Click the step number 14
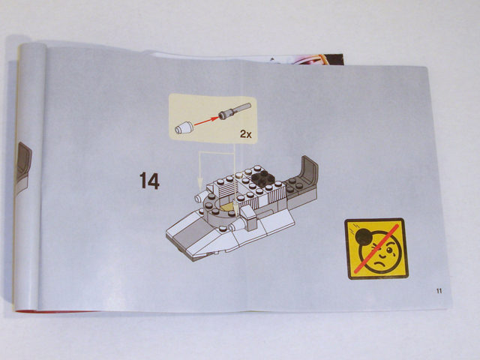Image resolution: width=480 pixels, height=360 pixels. (x=148, y=181)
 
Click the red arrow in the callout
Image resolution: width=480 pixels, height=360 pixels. (x=204, y=120)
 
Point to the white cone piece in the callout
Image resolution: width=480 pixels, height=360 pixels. (x=183, y=127)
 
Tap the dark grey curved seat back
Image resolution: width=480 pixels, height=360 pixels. (x=307, y=172)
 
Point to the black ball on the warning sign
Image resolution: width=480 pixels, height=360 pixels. (x=361, y=238)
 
